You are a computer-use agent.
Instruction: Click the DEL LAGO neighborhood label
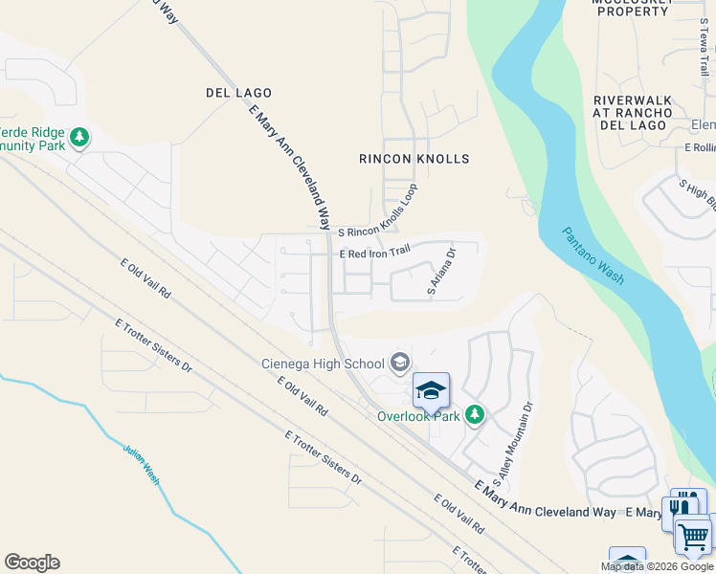pyautogui.click(x=238, y=93)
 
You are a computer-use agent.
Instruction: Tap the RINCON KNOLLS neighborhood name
pyautogui.click(x=414, y=159)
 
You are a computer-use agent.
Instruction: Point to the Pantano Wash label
pyautogui.click(x=593, y=255)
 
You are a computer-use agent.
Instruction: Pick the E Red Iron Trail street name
pyautogui.click(x=375, y=254)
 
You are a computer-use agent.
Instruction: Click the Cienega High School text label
pyautogui.click(x=323, y=363)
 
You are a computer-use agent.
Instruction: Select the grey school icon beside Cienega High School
pyautogui.click(x=400, y=363)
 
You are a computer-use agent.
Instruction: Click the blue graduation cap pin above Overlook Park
pyautogui.click(x=431, y=389)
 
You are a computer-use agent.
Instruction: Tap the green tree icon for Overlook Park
pyautogui.click(x=474, y=414)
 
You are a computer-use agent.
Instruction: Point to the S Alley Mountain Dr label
pyautogui.click(x=511, y=443)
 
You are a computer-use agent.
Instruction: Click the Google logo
pyautogui.click(x=32, y=563)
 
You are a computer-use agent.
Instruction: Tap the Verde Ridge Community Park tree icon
pyautogui.click(x=80, y=138)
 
